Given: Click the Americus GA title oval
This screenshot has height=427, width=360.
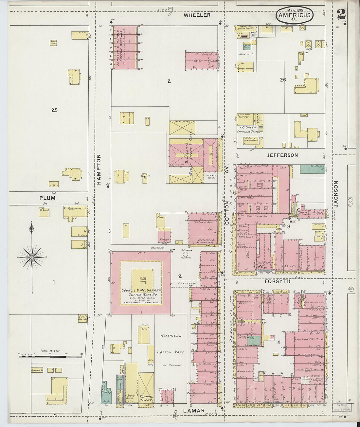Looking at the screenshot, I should pyautogui.click(x=295, y=15).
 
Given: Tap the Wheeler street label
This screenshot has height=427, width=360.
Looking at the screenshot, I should pyautogui.click(x=197, y=15).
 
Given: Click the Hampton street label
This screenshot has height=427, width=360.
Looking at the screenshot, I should pyautogui.click(x=99, y=170).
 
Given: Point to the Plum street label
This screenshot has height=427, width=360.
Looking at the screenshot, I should pyautogui.click(x=47, y=198).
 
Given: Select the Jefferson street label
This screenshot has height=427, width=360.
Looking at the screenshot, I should pyautogui.click(x=282, y=155).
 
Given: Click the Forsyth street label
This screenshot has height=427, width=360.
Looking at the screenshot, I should pyautogui.click(x=278, y=281).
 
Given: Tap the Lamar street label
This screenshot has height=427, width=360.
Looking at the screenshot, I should pyautogui.click(x=194, y=411).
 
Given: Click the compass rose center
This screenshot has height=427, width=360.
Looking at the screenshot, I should pyautogui.click(x=32, y=258).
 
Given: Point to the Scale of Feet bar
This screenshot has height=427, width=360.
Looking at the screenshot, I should pyautogui.click(x=50, y=356).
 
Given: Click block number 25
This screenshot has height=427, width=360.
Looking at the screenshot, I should pyautogui.click(x=54, y=110).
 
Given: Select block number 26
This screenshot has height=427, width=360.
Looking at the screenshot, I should pyautogui.click(x=283, y=80).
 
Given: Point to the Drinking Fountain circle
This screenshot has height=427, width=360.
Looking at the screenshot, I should pyautogui.click(x=186, y=254).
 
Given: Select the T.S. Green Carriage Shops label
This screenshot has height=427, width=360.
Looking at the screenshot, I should pyautogui.click(x=248, y=129).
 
